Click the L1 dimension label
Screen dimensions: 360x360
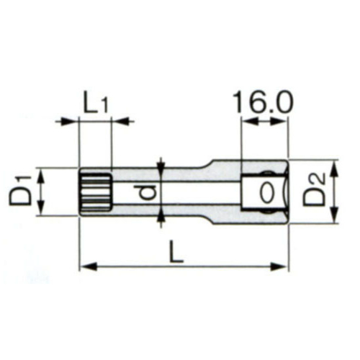pyautogui.click(x=96, y=105)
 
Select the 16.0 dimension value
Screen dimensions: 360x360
pyautogui.click(x=263, y=102)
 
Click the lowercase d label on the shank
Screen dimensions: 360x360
pyautogui.click(x=148, y=192)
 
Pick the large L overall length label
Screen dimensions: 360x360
pyautogui.click(x=176, y=252)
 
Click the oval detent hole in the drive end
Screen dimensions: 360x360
pyautogui.click(x=266, y=193)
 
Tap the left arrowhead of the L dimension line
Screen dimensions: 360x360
pyautogui.click(x=88, y=266)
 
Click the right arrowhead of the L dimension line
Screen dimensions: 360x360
pyautogui.click(x=279, y=266)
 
